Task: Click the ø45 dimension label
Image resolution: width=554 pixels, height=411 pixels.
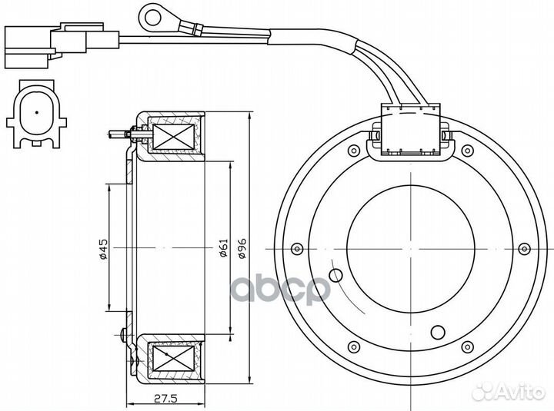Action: click(103, 249)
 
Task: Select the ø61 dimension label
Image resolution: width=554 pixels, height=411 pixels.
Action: click(224, 248)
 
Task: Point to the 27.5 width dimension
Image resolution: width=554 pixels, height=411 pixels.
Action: click(165, 399)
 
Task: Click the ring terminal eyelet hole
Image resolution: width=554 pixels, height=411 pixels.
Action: click(153, 17)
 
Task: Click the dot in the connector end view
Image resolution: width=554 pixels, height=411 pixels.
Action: click(37, 112)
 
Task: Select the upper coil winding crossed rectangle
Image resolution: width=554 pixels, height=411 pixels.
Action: click(174, 137)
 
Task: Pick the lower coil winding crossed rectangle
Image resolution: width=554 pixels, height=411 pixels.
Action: click(174, 358)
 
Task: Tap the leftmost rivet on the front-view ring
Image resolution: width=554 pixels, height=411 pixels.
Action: click(297, 249)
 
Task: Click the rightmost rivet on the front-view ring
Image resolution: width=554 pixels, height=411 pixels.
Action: click(524, 249)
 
